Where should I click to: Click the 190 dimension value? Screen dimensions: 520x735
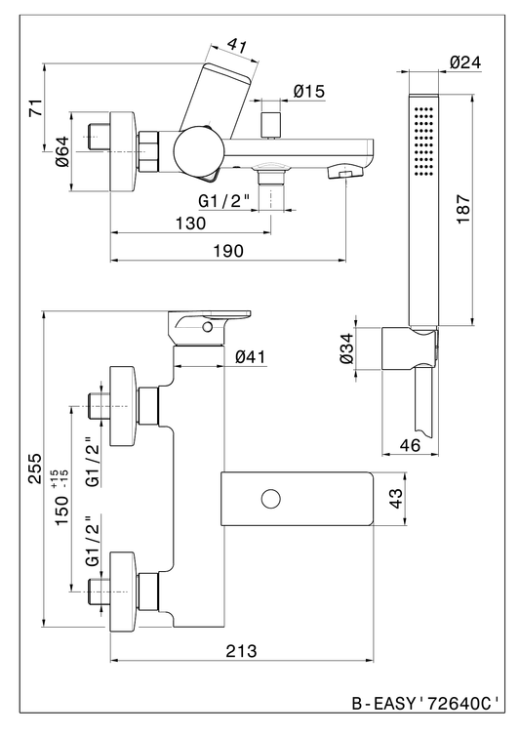point(228,251)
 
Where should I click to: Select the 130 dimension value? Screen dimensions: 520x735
point(190,224)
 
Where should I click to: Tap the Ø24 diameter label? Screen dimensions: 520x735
point(465,62)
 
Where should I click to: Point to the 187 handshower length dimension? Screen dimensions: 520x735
point(463,209)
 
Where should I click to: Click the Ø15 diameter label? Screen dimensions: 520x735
point(308,91)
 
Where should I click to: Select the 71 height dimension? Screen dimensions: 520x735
point(35,108)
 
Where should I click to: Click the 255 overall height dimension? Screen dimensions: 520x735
point(35,468)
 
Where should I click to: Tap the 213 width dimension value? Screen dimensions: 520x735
point(242,651)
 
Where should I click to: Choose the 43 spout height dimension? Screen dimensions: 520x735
point(396,498)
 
